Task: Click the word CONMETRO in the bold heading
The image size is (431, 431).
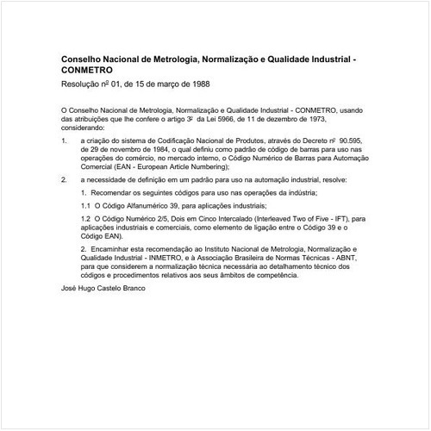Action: (x=87, y=71)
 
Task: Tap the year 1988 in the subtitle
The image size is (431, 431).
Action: (x=197, y=85)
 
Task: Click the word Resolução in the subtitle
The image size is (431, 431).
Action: (x=82, y=85)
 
